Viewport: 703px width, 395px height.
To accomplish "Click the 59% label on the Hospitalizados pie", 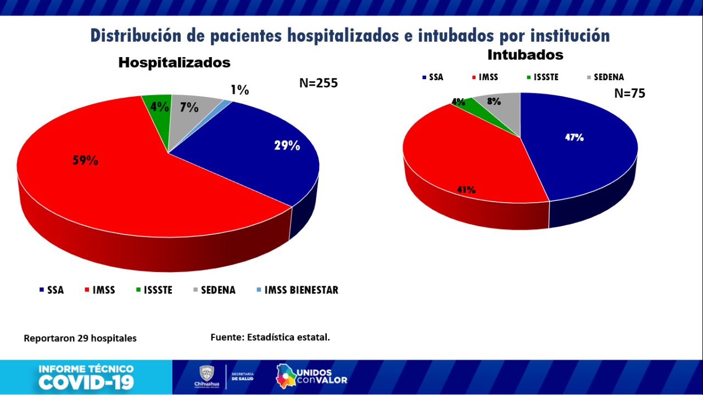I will click(85, 160).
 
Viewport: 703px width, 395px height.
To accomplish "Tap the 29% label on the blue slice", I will click(287, 146).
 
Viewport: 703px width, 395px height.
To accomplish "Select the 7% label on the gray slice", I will click(189, 107).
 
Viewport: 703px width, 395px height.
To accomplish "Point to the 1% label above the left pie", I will click(239, 90).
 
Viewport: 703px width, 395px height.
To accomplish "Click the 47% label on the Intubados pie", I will click(574, 138).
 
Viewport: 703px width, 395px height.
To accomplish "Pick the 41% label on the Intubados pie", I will click(466, 190).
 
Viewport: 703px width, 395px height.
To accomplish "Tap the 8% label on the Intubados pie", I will click(494, 101).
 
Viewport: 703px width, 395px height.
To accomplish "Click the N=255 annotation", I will click(319, 83).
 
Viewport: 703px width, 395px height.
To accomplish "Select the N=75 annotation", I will click(629, 93).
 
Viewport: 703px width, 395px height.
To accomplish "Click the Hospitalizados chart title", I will click(175, 63).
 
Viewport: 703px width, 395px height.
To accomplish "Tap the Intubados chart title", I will click(525, 55).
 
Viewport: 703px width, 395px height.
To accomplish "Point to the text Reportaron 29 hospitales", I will click(80, 338).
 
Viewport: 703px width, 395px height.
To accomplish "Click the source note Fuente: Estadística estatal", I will click(270, 337).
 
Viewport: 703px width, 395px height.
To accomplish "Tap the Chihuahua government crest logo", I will click(207, 374).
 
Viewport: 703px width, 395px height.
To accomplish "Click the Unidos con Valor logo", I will click(312, 376).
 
